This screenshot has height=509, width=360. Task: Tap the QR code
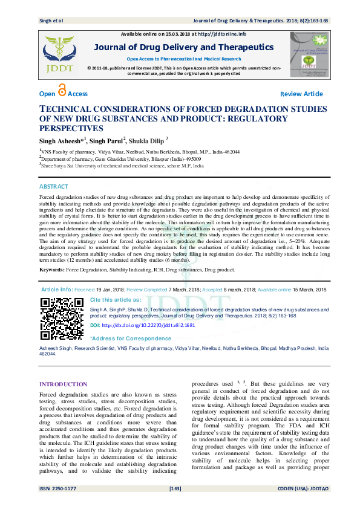pos(62,319)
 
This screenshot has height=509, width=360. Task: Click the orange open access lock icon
pos(62,91)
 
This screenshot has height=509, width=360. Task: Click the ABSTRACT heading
pos(54,187)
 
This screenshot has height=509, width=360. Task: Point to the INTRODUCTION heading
pos(63,384)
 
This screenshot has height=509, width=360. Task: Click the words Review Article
pos(301,94)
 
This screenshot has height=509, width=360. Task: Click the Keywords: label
pos(51,269)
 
